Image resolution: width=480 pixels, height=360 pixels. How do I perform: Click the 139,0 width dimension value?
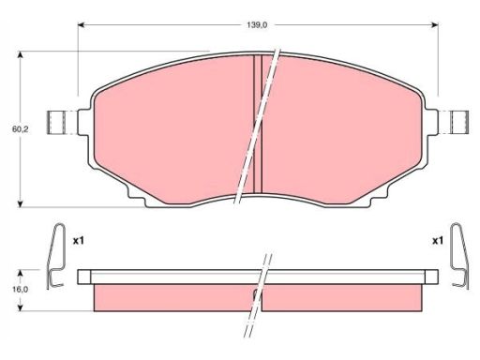coord(257,25)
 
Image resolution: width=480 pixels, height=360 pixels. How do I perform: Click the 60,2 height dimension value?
coord(20,128)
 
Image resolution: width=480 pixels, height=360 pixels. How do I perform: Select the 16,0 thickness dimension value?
coord(20,290)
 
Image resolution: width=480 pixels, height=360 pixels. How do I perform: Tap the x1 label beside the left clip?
coord(78,241)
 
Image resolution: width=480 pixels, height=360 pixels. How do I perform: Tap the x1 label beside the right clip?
coord(438,241)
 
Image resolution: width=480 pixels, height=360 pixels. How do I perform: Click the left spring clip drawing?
coord(56,256)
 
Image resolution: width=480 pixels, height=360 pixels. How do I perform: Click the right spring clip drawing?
coord(459,256)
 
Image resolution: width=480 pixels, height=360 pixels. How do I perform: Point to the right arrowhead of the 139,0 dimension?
coord(434,25)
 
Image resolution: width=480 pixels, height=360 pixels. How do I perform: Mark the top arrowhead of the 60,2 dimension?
coord(21,55)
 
